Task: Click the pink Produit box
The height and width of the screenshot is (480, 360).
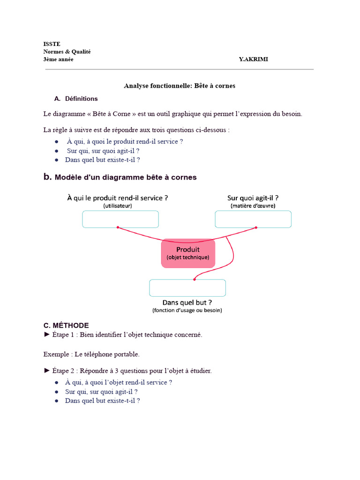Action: click(188, 253)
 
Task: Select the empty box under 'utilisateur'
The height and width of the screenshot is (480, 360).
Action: click(120, 219)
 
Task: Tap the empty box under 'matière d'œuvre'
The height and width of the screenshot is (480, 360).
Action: click(253, 219)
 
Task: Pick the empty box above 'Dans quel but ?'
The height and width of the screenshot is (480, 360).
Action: click(187, 288)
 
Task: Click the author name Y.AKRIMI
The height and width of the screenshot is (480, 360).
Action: click(254, 60)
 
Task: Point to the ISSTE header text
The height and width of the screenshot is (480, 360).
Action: click(52, 44)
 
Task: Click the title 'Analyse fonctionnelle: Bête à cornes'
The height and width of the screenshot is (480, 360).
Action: click(180, 86)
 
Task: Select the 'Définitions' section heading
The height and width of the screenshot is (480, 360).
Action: click(82, 99)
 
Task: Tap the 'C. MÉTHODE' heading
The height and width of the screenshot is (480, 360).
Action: click(66, 325)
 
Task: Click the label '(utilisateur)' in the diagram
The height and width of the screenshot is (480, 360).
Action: click(118, 206)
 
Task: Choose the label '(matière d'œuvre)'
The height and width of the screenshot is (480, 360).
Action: click(253, 206)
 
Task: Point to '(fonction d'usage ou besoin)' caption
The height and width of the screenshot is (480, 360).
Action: click(187, 310)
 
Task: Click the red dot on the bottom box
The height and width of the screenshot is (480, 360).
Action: click(195, 279)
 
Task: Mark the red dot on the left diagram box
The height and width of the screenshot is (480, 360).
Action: click(118, 227)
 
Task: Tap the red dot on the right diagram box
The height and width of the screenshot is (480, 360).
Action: click(256, 227)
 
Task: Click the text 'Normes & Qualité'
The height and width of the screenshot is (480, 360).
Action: click(67, 52)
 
